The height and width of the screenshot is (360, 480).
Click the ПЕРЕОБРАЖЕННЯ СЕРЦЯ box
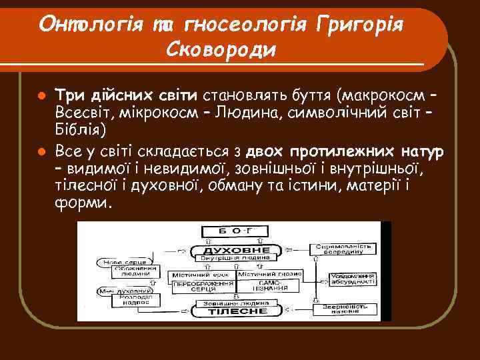tap(197, 285)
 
